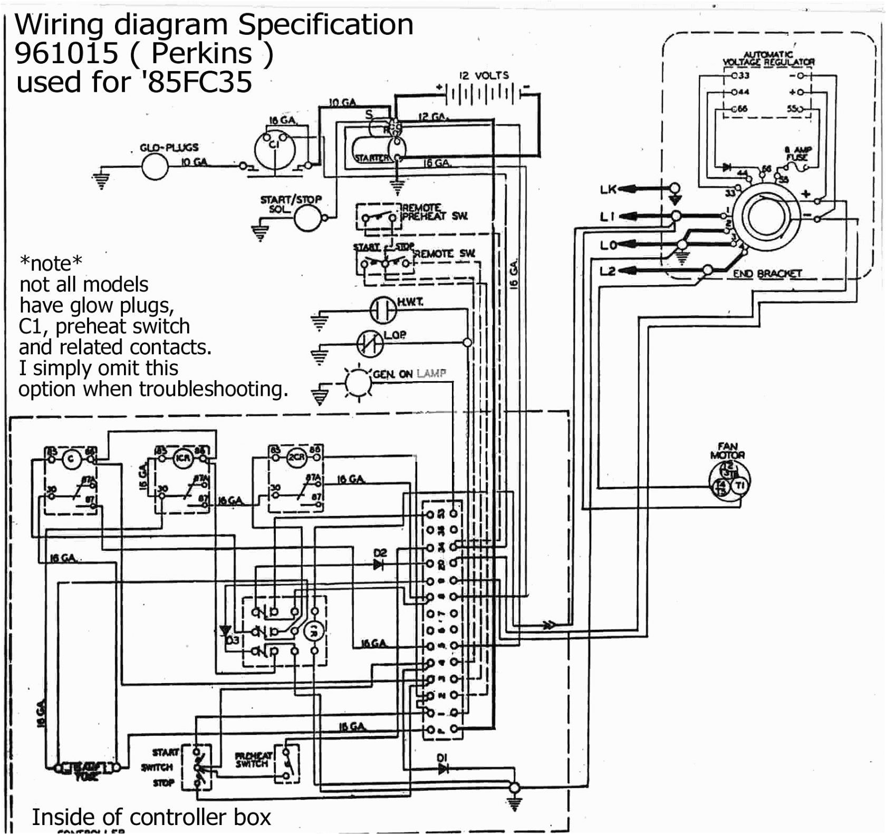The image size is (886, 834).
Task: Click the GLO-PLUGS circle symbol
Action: point(155,167)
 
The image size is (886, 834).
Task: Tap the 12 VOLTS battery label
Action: point(484,75)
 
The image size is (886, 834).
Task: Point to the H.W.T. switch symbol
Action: point(383,310)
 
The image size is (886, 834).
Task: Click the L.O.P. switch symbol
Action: point(371,344)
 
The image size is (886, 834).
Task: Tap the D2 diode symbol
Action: point(379,565)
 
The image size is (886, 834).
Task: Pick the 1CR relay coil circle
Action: point(182,458)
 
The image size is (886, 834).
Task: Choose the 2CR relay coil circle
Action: point(296,457)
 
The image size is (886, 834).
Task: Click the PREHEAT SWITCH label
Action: point(253,760)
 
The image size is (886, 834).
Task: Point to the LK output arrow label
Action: point(608,189)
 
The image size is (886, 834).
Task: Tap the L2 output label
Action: point(608,271)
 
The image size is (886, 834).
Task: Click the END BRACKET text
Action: point(767,274)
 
